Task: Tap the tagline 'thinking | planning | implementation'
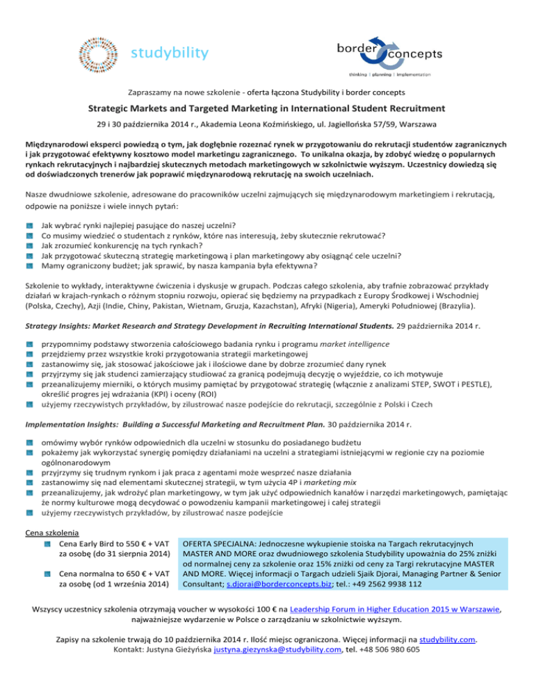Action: point(390,74)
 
